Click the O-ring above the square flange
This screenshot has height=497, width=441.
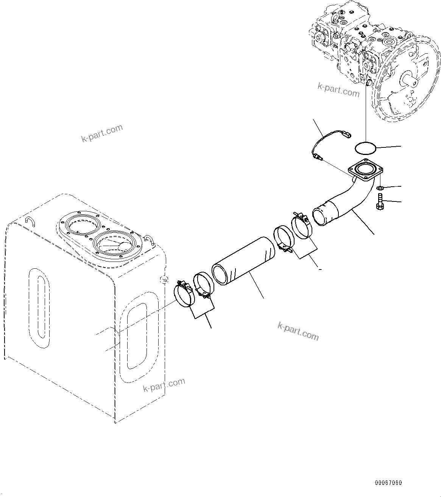pyautogui.click(x=366, y=148)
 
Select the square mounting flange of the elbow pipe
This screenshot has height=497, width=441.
pyautogui.click(x=365, y=172)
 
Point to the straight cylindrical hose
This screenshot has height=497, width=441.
pyautogui.click(x=242, y=261)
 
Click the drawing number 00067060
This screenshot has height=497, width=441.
pyautogui.click(x=389, y=483)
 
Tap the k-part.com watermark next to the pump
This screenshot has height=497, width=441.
pyautogui.click(x=338, y=90)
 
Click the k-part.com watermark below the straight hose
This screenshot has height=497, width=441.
pyautogui.click(x=298, y=331)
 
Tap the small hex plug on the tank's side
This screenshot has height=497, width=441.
pyautogui.click(x=164, y=280)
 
